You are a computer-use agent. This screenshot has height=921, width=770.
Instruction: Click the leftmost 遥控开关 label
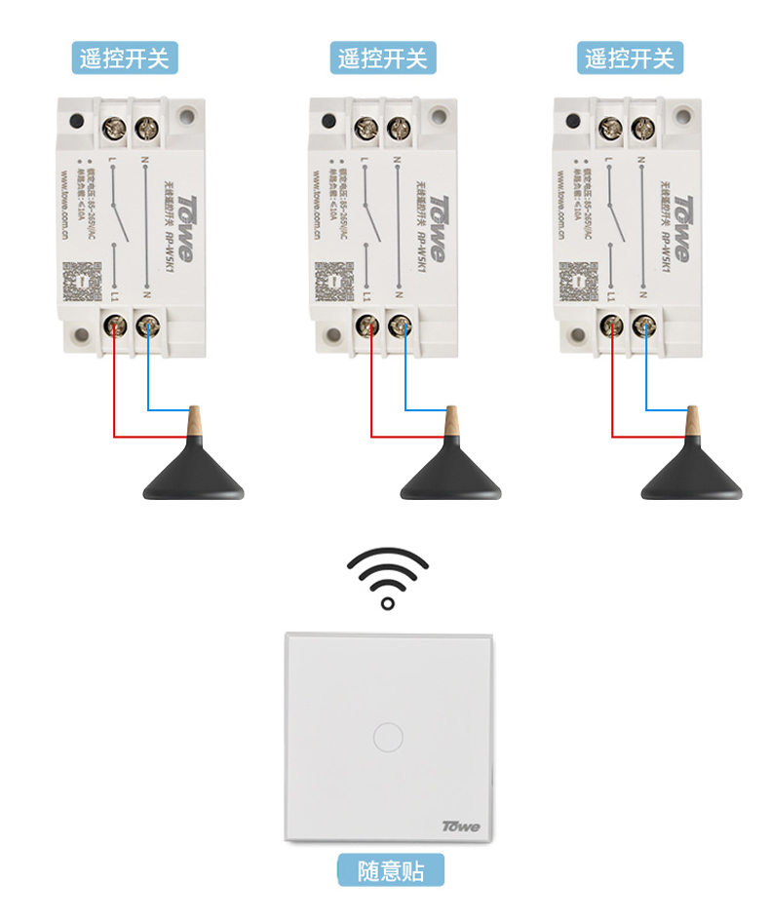pyautogui.click(x=125, y=58)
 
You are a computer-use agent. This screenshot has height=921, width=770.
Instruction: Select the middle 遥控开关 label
pyautogui.click(x=382, y=58)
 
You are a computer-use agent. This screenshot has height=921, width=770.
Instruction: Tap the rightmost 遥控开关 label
pyautogui.click(x=629, y=58)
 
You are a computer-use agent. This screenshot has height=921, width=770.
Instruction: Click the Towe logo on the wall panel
pyautogui.click(x=461, y=826)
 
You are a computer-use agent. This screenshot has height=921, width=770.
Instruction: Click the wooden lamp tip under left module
pyautogui.click(x=193, y=421)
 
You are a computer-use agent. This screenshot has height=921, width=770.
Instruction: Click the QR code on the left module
pyautogui.click(x=82, y=283)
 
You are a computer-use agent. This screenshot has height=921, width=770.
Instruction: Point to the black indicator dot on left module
pyautogui.click(x=77, y=123)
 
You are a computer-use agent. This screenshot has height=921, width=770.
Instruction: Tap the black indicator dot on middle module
pyautogui.click(x=329, y=123)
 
